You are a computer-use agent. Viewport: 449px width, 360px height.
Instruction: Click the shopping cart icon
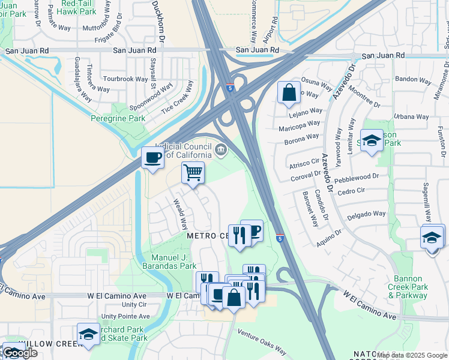(193, 173)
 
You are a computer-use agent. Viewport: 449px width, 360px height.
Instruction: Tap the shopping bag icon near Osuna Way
(289, 92)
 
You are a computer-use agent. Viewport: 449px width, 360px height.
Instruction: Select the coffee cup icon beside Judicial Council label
(152, 158)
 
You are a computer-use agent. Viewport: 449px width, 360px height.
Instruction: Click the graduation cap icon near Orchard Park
(88, 334)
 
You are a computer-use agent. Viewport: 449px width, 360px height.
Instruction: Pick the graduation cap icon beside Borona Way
(372, 140)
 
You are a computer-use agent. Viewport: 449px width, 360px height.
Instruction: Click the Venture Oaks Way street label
(261, 342)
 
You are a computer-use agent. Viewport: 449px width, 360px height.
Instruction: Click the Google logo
(20, 353)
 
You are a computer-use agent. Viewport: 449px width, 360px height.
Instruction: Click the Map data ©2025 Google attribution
(412, 355)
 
